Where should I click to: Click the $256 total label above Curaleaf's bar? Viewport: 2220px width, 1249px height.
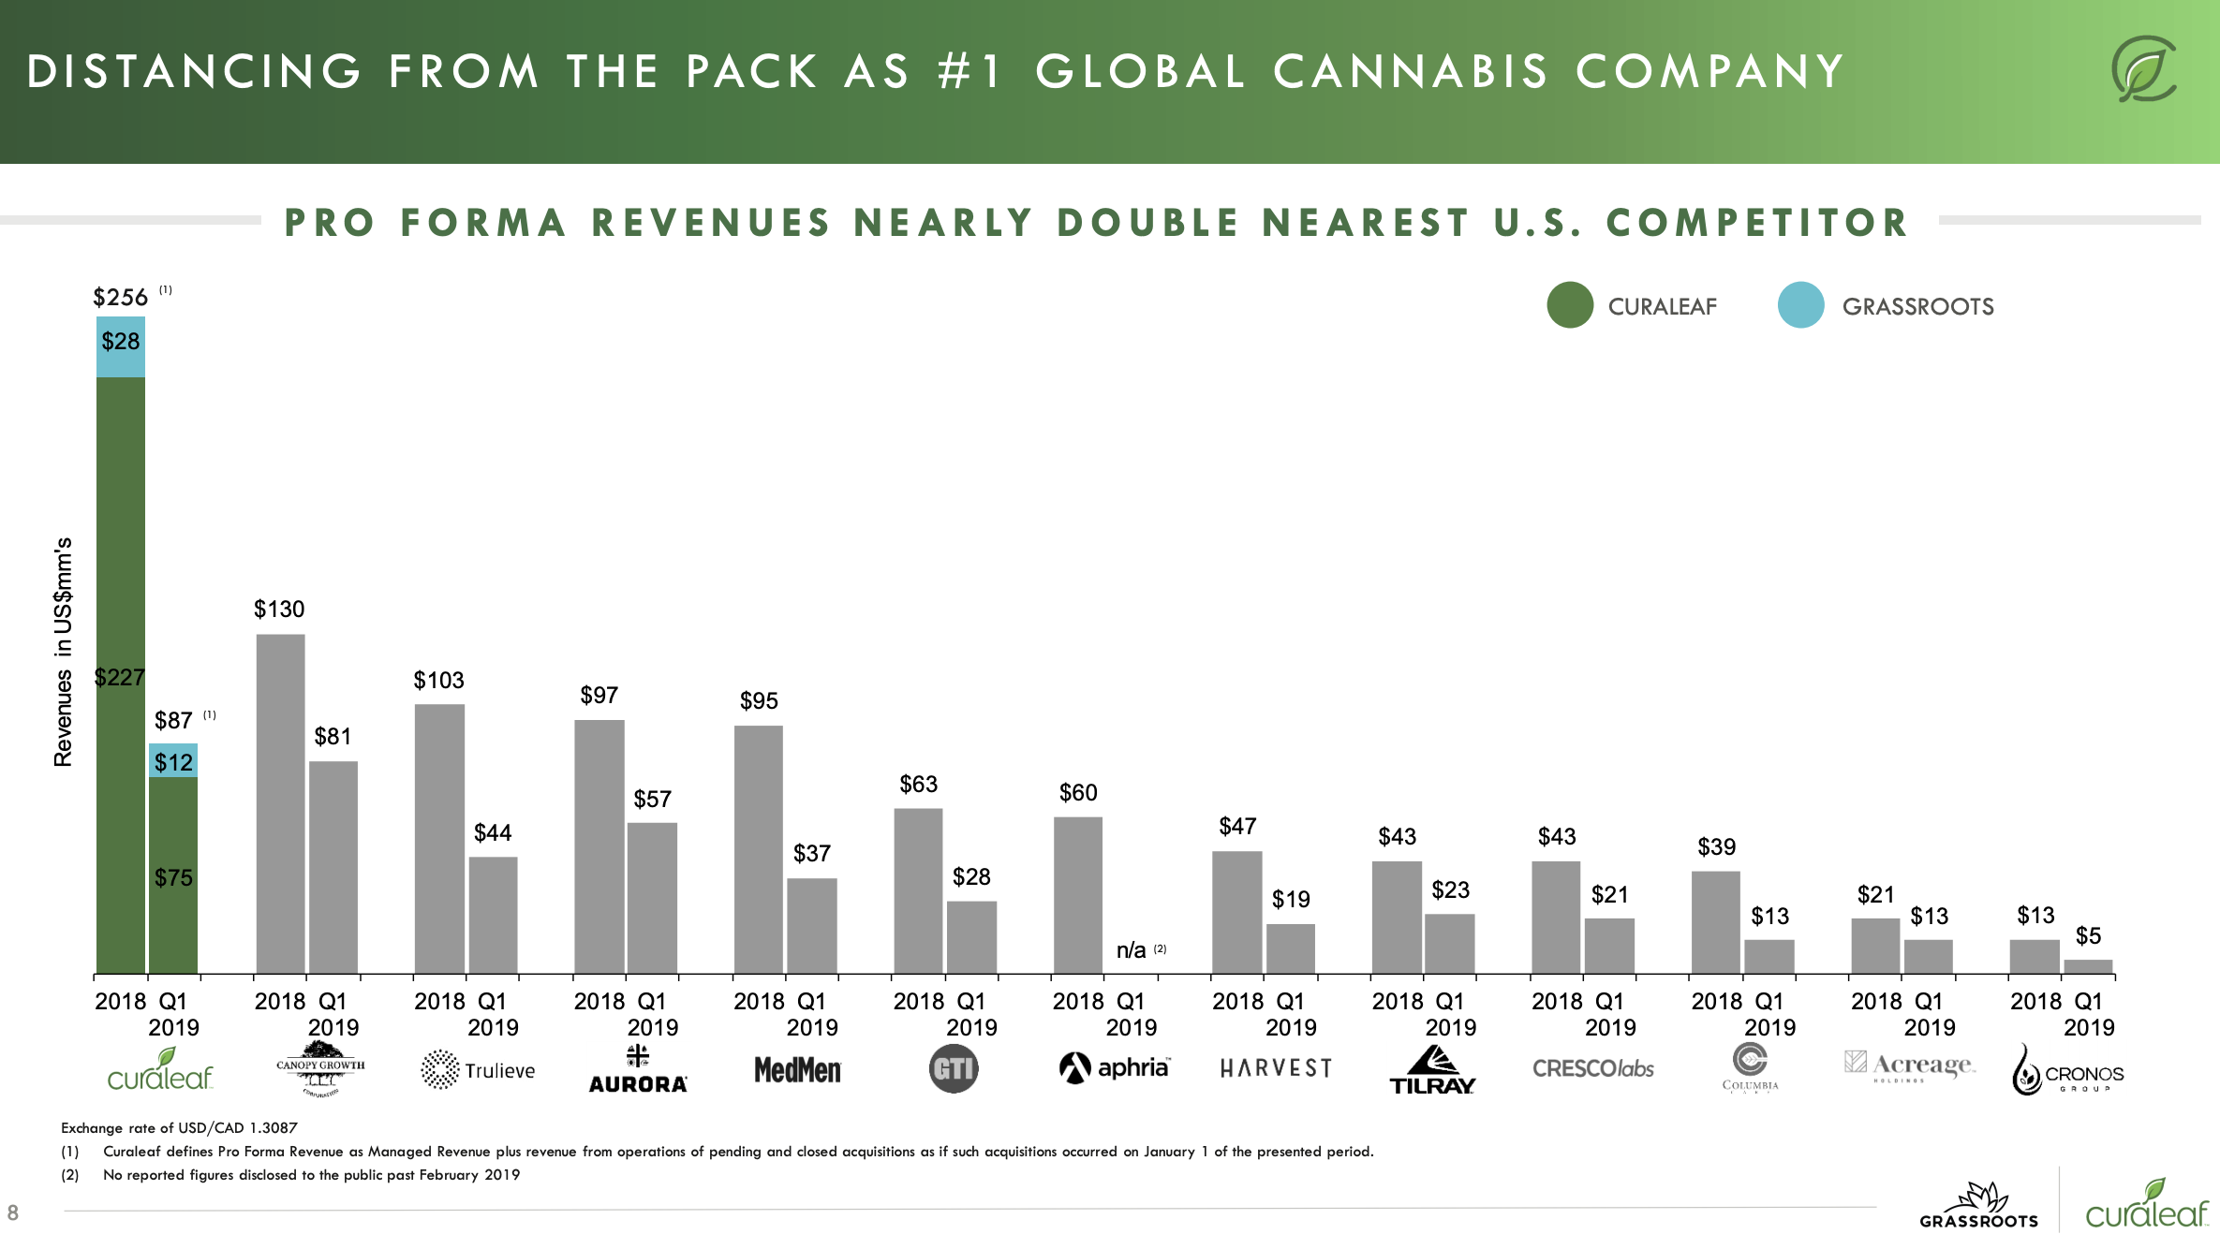[121, 298]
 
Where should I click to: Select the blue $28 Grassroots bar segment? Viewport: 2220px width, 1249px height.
[121, 346]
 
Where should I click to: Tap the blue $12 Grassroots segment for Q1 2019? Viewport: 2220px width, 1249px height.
[173, 760]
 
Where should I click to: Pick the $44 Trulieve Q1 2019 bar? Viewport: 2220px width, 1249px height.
[493, 915]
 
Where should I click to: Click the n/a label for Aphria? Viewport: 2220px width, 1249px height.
[1132, 950]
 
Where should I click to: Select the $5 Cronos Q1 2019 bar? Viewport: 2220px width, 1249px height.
[2088, 966]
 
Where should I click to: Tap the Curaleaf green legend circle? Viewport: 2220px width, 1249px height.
[1570, 305]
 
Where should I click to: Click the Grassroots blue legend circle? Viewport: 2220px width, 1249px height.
[1800, 305]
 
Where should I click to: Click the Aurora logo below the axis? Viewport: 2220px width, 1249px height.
[638, 1069]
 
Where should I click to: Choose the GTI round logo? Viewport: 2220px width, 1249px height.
[954, 1068]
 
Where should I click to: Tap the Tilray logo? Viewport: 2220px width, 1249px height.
[1432, 1070]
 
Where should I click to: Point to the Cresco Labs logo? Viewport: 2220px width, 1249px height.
[1592, 1068]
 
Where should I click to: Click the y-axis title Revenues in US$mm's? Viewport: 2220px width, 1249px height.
[63, 652]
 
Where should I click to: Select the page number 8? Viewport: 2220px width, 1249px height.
[13, 1213]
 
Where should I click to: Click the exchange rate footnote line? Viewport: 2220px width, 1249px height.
[179, 1127]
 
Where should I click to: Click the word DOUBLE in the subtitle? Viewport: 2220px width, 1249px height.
[1148, 223]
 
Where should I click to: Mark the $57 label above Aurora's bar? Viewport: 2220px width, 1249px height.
[652, 799]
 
